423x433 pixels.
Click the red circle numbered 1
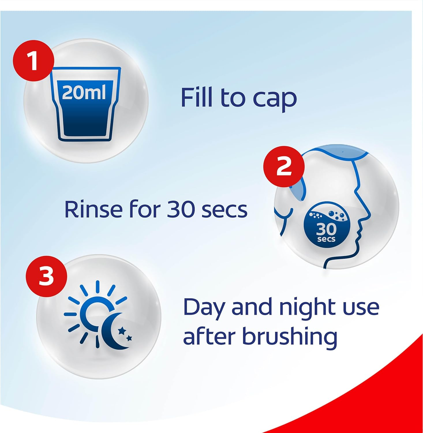(x=33, y=61)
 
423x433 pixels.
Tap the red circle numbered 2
(x=284, y=167)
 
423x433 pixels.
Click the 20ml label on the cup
(x=84, y=92)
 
